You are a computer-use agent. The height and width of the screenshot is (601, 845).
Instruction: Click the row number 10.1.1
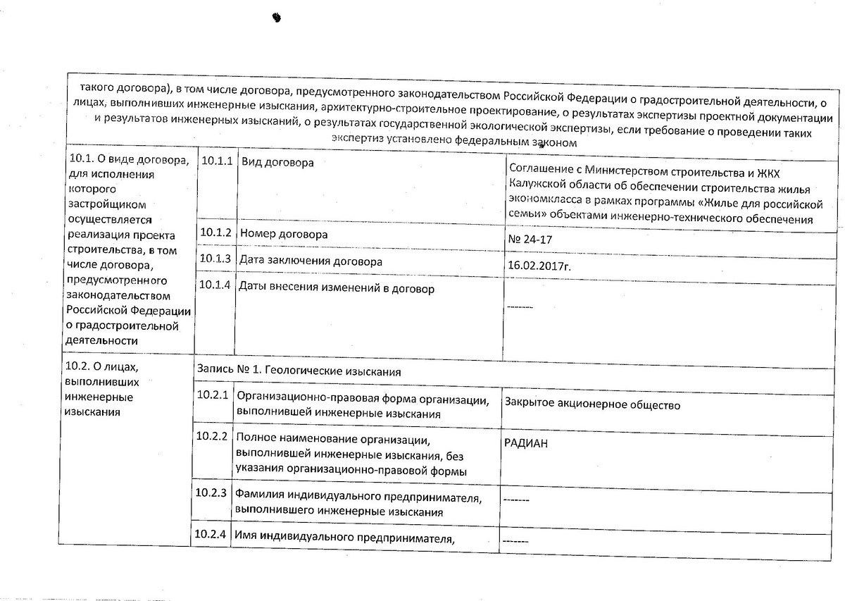coord(215,161)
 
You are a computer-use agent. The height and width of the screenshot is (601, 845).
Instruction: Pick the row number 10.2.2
coord(212,436)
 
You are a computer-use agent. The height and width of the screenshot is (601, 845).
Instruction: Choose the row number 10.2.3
coord(211,492)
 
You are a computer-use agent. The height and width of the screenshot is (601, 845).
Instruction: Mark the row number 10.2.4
coord(211,533)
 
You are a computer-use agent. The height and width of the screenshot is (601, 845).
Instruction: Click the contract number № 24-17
coord(529,240)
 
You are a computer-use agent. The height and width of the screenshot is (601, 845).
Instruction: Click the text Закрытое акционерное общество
coord(591,405)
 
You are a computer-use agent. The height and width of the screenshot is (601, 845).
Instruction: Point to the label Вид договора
coord(277,163)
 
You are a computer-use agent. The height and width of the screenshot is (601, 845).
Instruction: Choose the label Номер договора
coord(284,233)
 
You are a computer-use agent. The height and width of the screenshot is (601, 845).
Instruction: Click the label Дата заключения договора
coord(311,261)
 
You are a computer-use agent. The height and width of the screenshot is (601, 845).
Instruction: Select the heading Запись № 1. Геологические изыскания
coord(299,371)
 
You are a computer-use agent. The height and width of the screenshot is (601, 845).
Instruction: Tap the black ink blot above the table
coord(276,17)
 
